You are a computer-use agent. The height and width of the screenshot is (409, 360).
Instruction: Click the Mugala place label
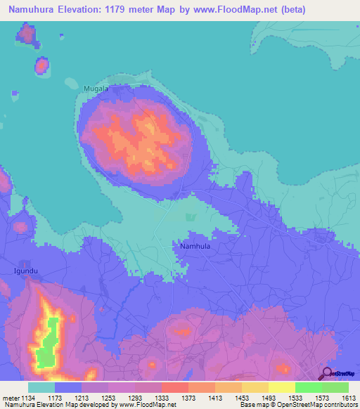pyautogui.click(x=96, y=89)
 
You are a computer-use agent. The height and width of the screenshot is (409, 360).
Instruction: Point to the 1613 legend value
pyautogui.click(x=349, y=398)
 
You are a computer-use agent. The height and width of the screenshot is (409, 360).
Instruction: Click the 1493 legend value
pyautogui.click(x=269, y=398)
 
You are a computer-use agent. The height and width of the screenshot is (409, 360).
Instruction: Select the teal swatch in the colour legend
pyautogui.click(x=41, y=387)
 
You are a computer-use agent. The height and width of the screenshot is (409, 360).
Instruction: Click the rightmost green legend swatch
pyautogui.click(x=335, y=387)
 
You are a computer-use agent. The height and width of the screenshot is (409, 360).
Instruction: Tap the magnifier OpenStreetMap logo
pyautogui.click(x=327, y=373)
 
